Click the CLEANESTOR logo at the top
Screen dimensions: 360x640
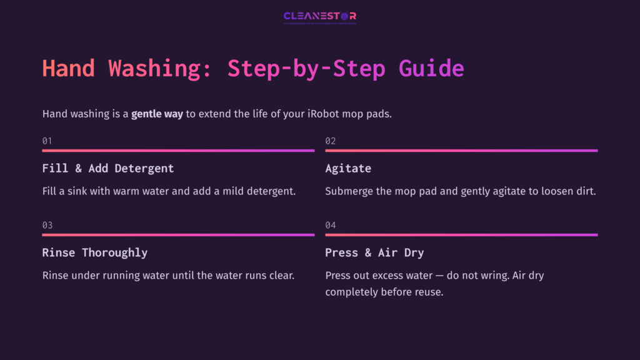(x=319, y=17)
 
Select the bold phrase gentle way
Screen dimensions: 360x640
(x=157, y=114)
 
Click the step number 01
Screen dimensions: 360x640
(x=47, y=141)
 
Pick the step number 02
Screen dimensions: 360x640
(x=330, y=141)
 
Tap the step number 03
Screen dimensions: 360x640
(x=47, y=226)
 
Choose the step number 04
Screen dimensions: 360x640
(x=330, y=226)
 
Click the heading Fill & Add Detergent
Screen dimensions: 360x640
(x=108, y=169)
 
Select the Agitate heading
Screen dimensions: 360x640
(x=348, y=169)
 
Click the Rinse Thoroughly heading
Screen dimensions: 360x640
(x=95, y=253)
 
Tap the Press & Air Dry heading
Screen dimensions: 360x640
(x=374, y=253)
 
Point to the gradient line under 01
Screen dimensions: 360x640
(x=178, y=151)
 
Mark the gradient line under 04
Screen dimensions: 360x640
(x=461, y=235)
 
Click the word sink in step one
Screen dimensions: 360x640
(x=77, y=191)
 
